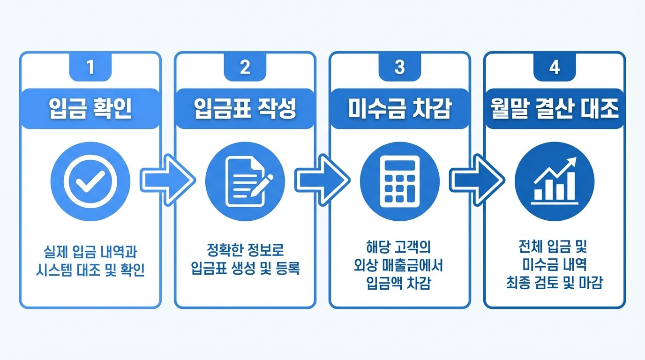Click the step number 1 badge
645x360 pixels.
90,67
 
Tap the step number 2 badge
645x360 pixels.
245,67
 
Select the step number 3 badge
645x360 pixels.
399,67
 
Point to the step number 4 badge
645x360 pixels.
554,67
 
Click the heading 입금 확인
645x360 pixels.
90,109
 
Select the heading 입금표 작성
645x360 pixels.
245,109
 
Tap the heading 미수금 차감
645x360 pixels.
399,109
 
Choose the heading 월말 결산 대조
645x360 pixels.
554,109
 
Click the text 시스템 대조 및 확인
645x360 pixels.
90,271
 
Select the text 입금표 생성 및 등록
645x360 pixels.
245,269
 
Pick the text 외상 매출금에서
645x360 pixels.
399,266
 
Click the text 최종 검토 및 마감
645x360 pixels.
554,283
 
